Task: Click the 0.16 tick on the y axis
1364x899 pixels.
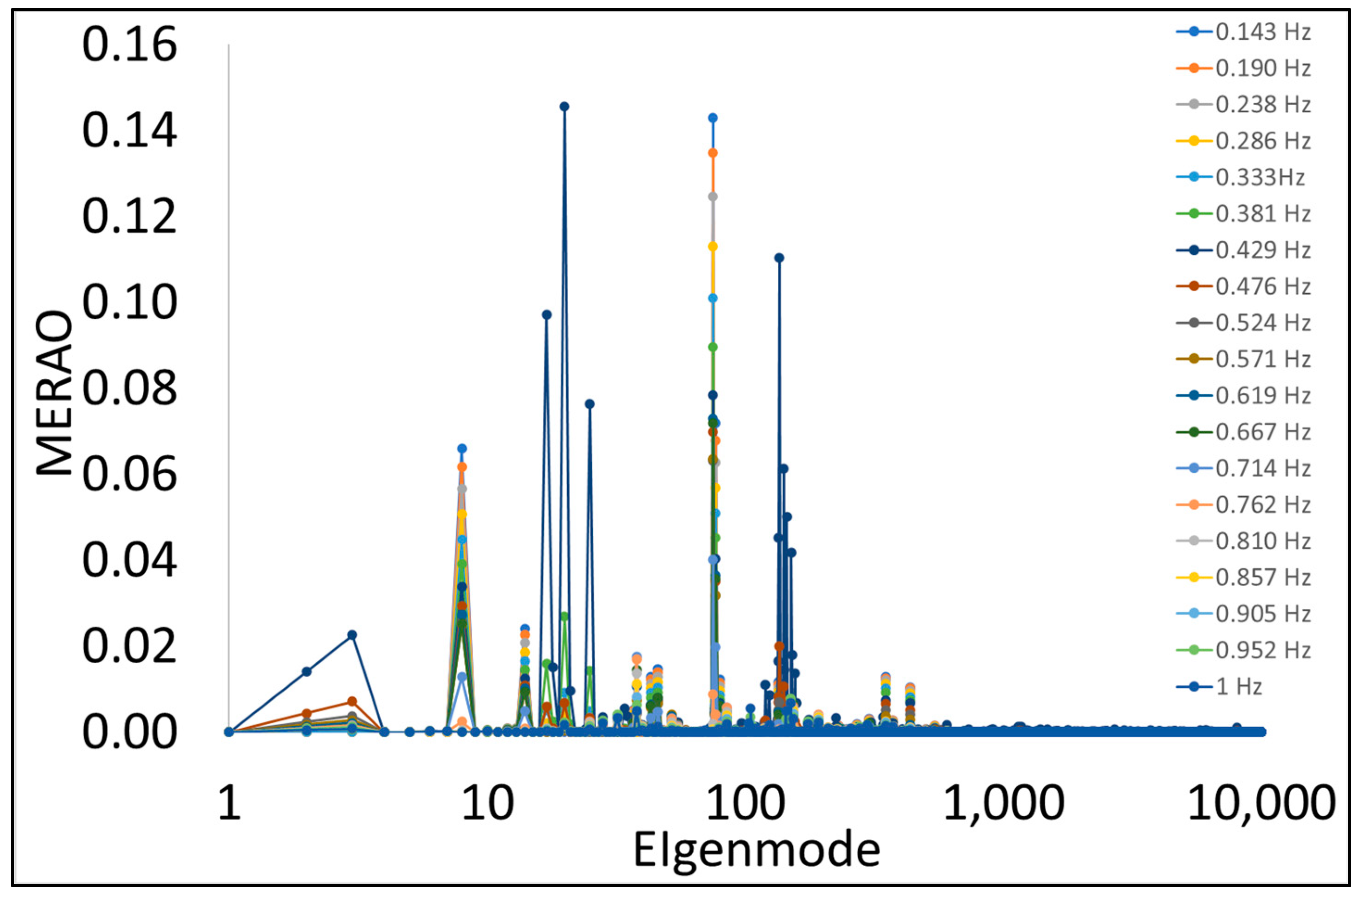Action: [129, 45]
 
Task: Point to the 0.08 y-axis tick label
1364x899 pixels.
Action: [129, 388]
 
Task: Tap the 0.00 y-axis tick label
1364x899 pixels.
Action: [129, 732]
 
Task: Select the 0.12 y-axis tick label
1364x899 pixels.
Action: [129, 216]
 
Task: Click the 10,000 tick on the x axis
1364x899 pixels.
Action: [1261, 803]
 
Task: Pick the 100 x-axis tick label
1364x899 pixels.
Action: [745, 803]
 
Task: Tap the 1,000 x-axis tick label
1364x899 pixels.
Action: [1003, 803]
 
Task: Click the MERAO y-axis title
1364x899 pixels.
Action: [55, 393]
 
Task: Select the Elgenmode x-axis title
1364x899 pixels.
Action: [757, 850]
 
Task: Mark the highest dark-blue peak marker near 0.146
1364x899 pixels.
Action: [564, 107]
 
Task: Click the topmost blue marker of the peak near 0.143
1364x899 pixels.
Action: [712, 118]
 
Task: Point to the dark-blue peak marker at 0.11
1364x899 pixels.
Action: [779, 258]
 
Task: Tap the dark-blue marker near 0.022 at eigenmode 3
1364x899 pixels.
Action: [352, 635]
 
